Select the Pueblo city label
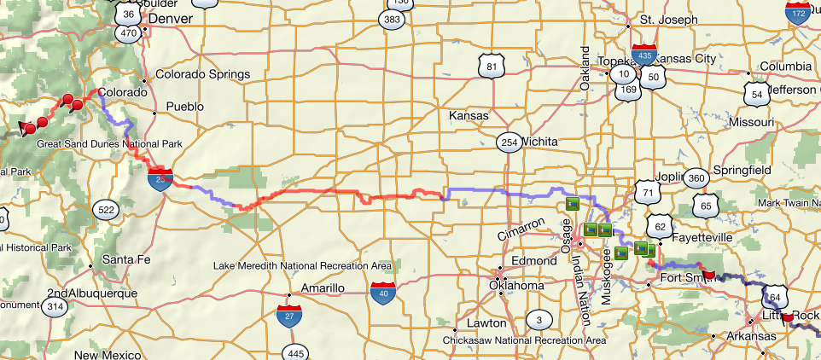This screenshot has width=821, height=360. tap(187, 107)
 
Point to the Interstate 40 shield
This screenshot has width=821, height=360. tap(383, 293)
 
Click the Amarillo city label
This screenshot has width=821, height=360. tap(320, 288)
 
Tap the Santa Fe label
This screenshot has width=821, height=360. tap(125, 258)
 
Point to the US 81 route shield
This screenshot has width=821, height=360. tap(489, 67)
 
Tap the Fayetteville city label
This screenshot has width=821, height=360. tap(703, 236)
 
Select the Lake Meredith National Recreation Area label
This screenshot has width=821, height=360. tap(302, 265)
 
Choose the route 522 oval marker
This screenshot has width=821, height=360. tap(107, 210)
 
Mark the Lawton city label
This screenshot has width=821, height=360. tap(486, 323)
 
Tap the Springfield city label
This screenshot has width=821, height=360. tap(741, 170)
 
